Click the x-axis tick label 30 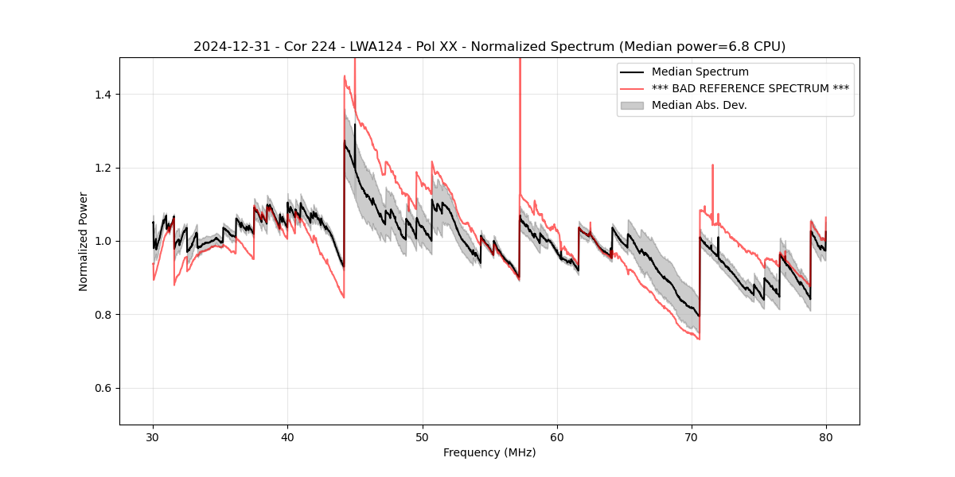coord(153,436)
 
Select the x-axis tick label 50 coord(422,436)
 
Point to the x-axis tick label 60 coord(556,436)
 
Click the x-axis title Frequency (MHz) coord(489,452)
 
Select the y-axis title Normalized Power coord(84,241)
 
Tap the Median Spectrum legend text coord(700,72)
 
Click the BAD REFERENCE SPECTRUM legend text coord(750,88)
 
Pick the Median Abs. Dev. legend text coord(699,105)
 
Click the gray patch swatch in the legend coord(633,105)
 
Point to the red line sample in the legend coord(633,88)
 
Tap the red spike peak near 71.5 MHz coord(712,165)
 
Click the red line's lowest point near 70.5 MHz coord(699,339)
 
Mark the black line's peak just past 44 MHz coord(345,141)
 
